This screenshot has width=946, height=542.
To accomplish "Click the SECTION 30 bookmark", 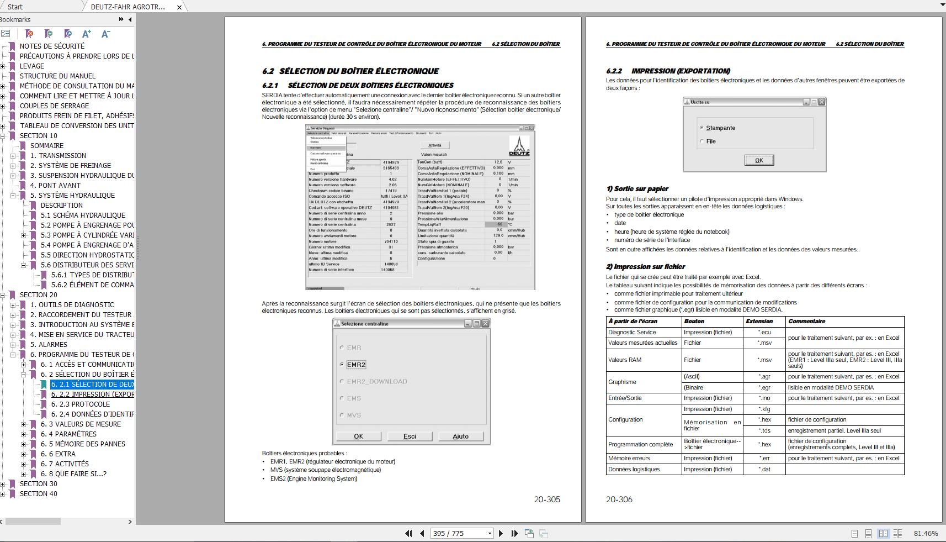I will tap(38, 484).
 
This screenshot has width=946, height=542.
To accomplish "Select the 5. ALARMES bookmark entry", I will tap(49, 345).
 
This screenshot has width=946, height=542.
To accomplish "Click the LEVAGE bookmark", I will tap(32, 66).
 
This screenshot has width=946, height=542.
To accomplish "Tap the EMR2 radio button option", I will tap(342, 365).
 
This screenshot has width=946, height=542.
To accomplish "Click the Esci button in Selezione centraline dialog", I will tap(410, 436).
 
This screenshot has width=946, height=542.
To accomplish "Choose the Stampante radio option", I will tap(702, 128).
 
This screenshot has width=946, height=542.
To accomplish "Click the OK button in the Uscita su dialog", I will tap(759, 160).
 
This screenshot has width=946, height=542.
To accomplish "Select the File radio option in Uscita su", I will tap(702, 141).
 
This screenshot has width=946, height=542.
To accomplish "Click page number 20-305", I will tap(547, 499).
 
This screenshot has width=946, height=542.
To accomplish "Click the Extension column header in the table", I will tap(759, 321).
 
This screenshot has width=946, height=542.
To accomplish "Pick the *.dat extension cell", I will tap(764, 470).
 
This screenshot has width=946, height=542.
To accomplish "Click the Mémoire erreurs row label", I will tap(629, 458).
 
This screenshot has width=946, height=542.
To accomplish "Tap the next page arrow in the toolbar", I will tap(501, 533).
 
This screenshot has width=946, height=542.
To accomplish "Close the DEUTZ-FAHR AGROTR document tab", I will tap(179, 7).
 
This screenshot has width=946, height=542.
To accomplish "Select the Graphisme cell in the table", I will tap(622, 382).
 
